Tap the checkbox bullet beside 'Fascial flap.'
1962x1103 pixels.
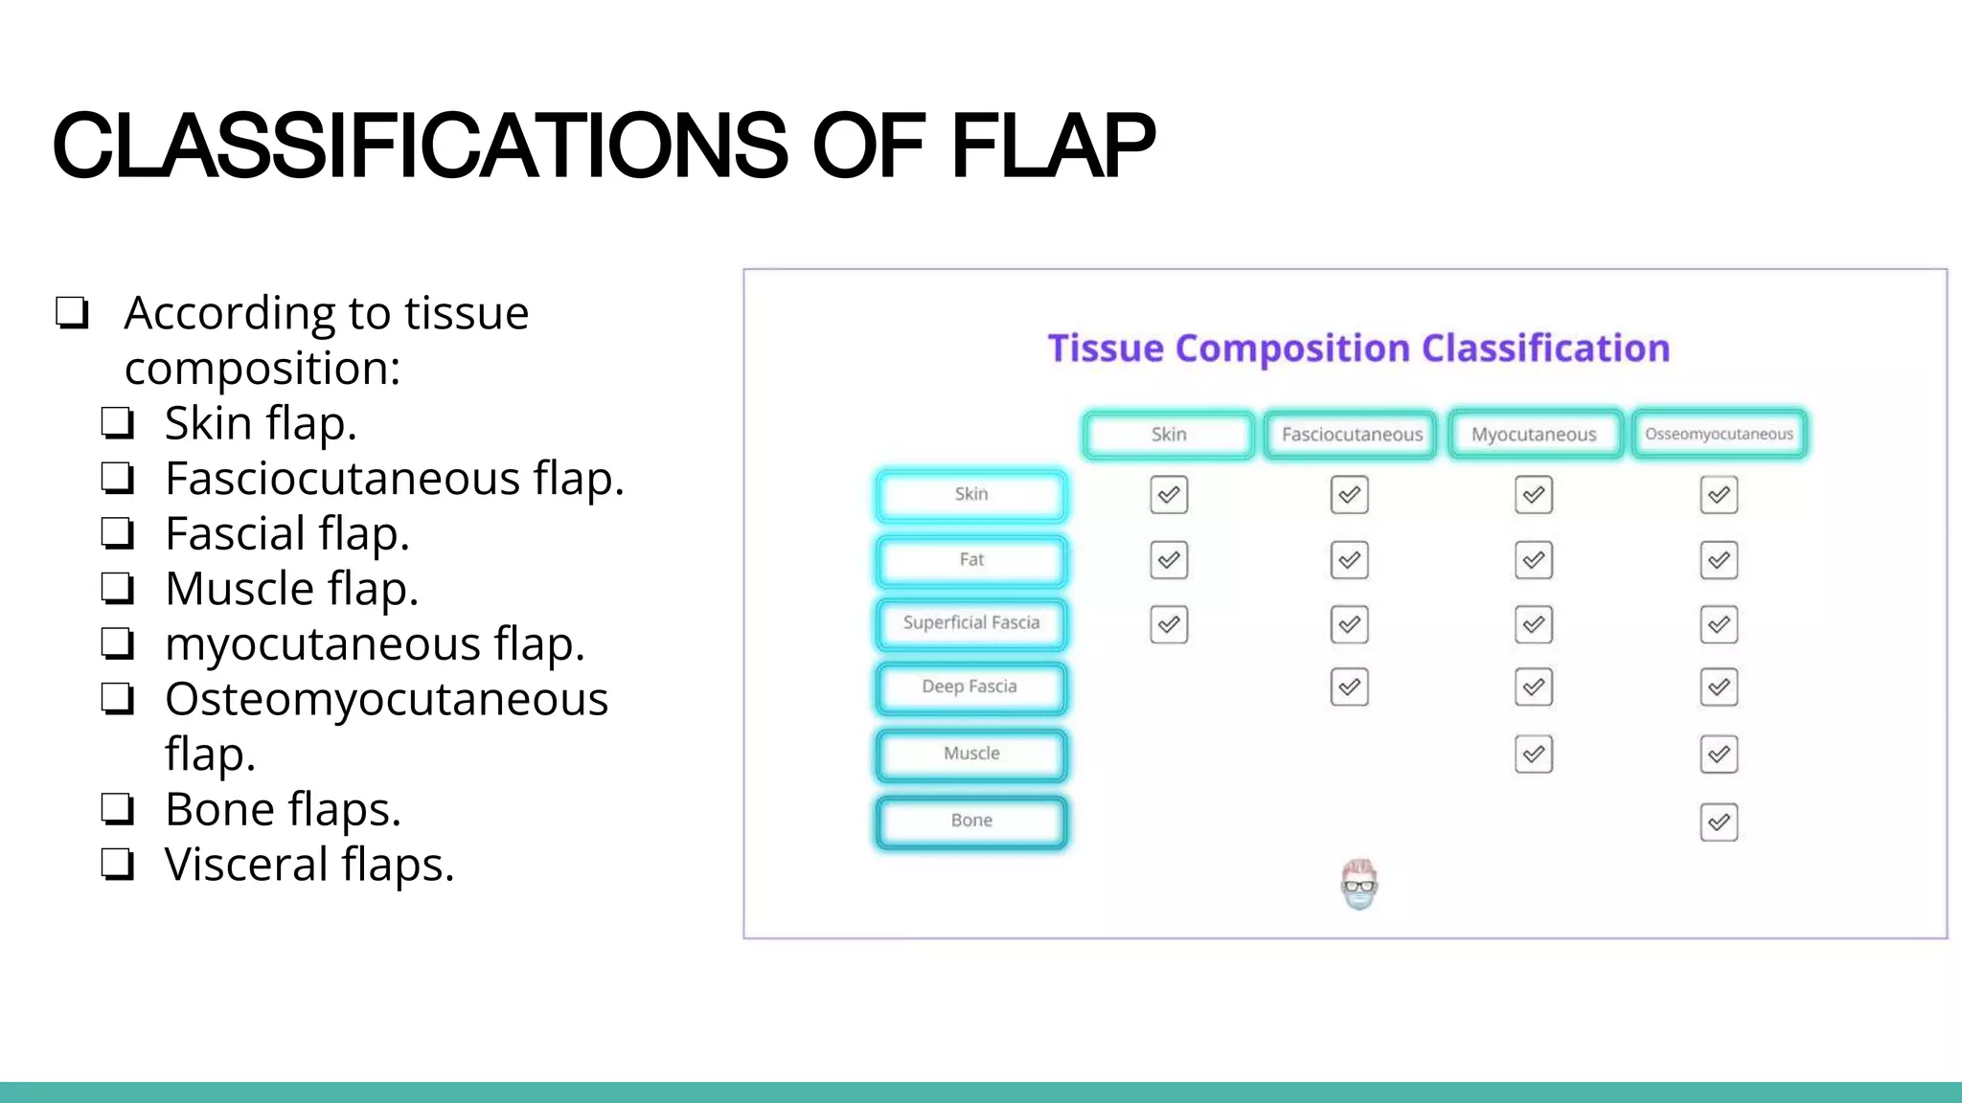click(117, 533)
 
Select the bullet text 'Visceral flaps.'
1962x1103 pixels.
click(308, 865)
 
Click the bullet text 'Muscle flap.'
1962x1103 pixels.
click(291, 589)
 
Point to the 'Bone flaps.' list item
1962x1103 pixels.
click(283, 810)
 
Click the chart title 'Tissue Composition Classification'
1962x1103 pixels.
click(1357, 349)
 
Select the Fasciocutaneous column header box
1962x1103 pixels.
click(1351, 435)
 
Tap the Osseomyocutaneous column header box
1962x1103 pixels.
click(1719, 435)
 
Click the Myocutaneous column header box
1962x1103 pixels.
click(1534, 435)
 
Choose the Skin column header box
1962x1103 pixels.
click(1168, 435)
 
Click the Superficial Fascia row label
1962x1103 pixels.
click(970, 623)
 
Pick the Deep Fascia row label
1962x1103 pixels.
click(970, 687)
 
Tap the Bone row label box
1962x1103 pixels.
click(970, 822)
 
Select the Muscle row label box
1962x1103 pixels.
click(970, 754)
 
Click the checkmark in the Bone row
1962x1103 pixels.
click(1719, 822)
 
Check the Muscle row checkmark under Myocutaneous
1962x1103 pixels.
click(1533, 754)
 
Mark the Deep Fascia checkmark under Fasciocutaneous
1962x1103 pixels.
click(1349, 687)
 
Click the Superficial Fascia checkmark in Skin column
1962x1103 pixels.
click(1168, 624)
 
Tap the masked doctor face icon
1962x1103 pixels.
click(1358, 885)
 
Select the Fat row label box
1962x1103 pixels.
click(970, 560)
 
